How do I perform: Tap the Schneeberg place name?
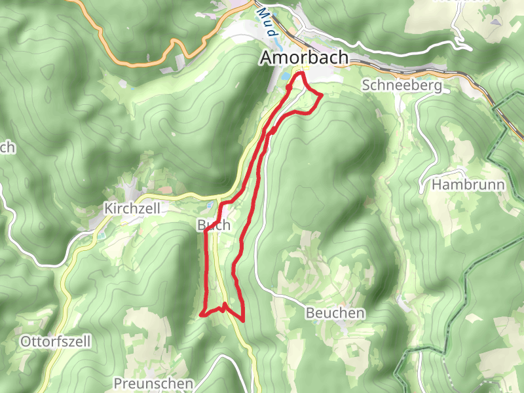coord(402,86)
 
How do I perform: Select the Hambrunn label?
coord(468,185)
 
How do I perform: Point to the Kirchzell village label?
coord(131,208)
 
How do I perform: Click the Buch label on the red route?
coord(214,225)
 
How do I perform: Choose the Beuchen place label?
coord(335,314)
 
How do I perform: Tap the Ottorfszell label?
coord(55,341)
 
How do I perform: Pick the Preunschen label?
coord(153,383)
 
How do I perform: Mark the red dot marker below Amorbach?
coord(289,86)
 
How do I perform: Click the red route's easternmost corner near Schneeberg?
coord(322,96)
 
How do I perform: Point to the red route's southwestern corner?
coord(200,315)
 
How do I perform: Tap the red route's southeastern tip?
coord(243,320)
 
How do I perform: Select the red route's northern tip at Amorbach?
coord(302,74)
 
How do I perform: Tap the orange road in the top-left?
coord(131,64)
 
